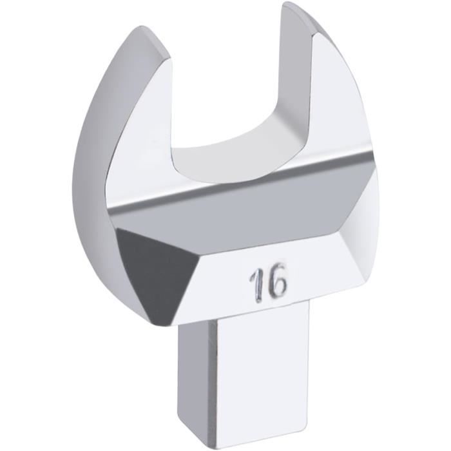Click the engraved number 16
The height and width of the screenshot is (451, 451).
pos(267,283)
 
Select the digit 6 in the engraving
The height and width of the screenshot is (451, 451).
pos(278,282)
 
